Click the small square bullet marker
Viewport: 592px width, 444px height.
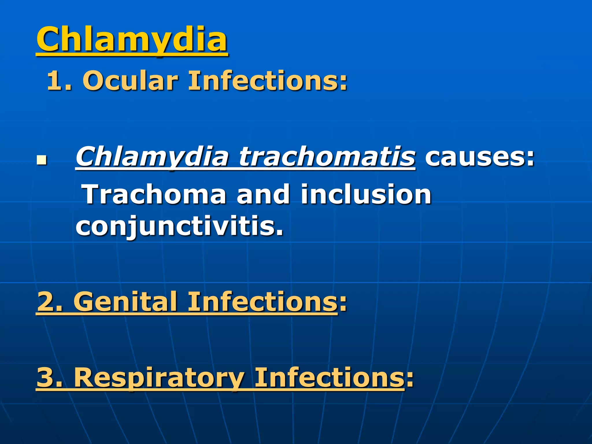point(42,160)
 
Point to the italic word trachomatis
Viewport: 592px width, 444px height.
point(327,157)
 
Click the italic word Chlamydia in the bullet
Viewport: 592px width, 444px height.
point(152,157)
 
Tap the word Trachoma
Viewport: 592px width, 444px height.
point(155,194)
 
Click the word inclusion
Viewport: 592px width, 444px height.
point(366,194)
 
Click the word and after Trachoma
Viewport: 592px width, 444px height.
point(263,194)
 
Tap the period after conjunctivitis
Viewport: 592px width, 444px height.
point(279,233)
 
